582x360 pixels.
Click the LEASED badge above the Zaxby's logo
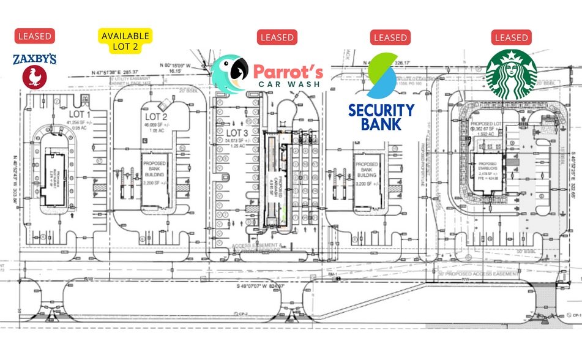click(35, 36)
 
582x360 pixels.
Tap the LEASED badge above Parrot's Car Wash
click(277, 37)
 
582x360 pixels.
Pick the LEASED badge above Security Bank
click(390, 37)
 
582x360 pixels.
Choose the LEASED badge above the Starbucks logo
click(512, 37)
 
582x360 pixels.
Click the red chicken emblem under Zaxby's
click(34, 78)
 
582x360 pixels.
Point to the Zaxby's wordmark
click(35, 59)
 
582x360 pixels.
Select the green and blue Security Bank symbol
click(381, 76)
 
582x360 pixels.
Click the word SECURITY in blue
click(381, 110)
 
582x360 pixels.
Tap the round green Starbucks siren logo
click(512, 73)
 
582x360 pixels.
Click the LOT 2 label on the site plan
click(156, 117)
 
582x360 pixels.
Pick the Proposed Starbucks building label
click(491, 167)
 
